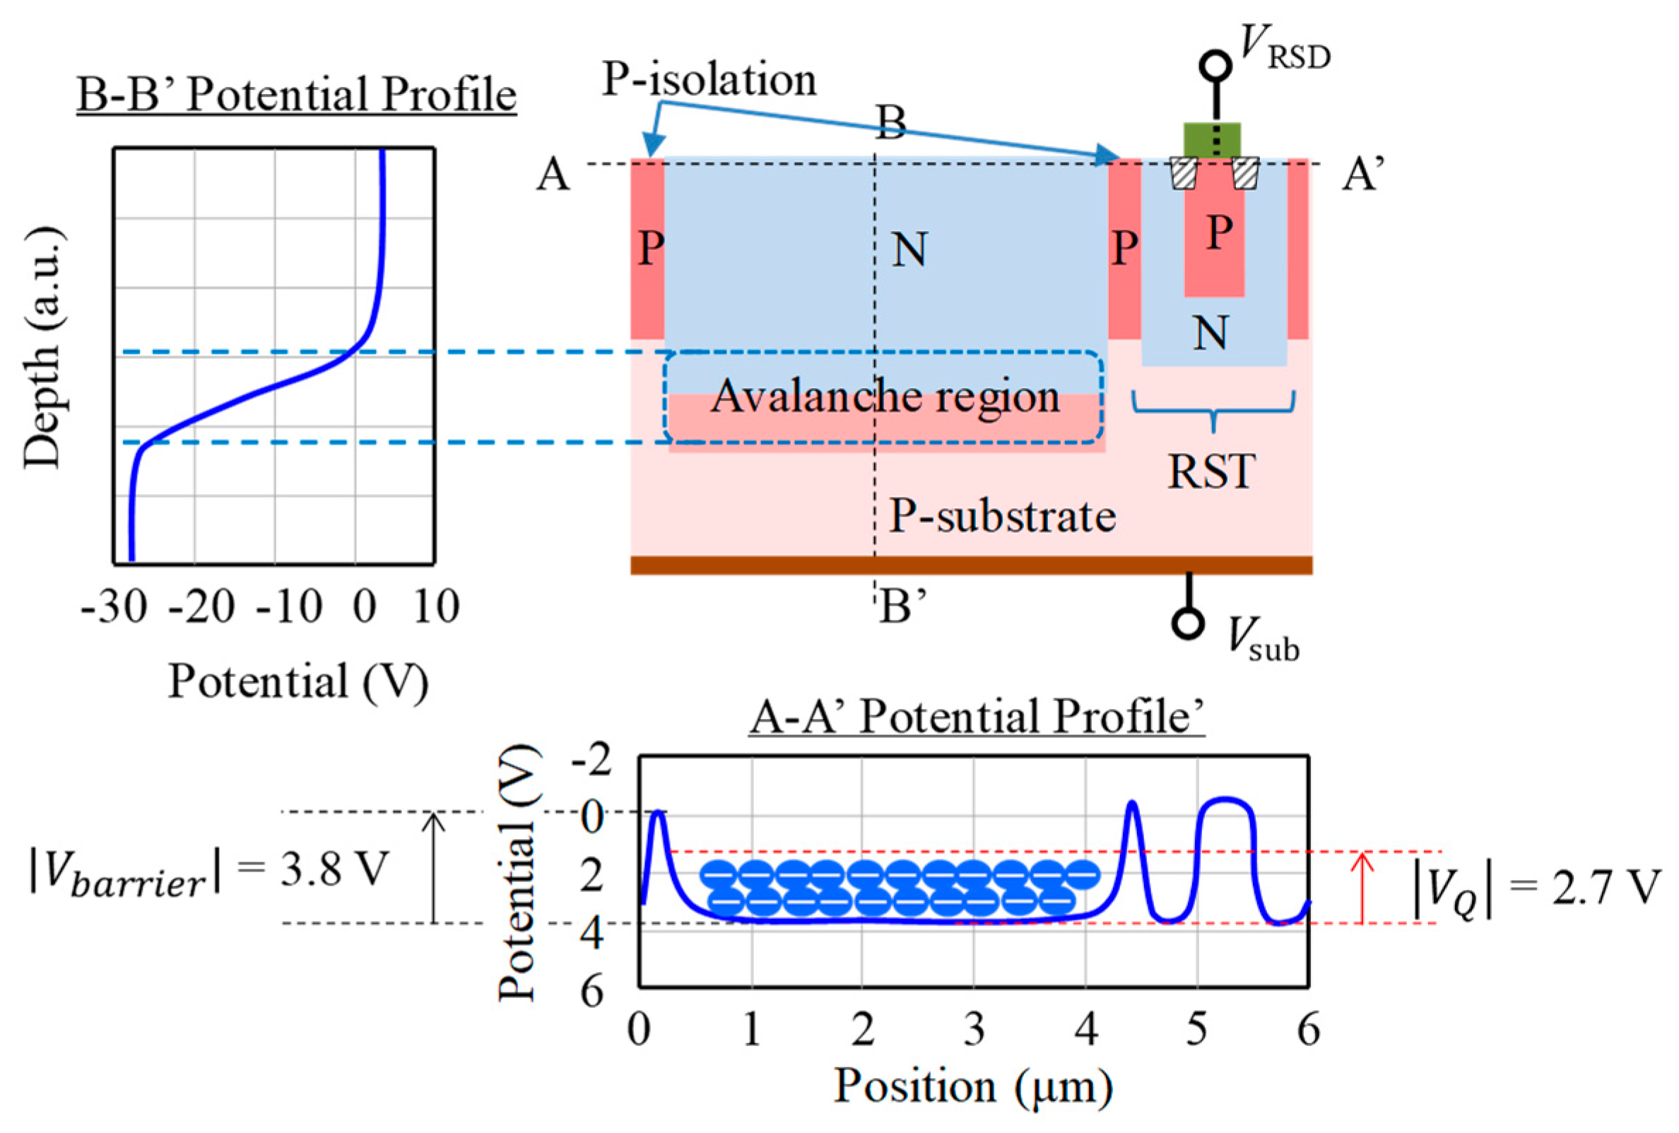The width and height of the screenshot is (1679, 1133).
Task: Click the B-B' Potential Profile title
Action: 296,95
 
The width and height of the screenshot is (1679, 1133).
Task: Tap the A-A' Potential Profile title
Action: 977,717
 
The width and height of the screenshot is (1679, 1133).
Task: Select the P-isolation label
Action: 709,79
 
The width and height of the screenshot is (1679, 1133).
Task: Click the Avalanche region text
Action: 885,397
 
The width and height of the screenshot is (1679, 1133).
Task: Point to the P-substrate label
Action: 1002,517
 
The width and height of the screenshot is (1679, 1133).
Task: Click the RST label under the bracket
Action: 1212,471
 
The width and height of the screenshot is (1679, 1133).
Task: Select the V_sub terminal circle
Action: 1188,623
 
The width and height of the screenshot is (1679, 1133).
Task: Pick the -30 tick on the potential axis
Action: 114,607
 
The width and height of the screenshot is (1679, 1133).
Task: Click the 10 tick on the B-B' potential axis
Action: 435,607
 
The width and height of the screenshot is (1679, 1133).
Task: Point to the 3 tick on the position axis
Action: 974,1029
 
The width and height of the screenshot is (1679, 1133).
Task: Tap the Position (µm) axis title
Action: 973,1086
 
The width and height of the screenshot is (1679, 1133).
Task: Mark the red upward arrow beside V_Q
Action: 1362,888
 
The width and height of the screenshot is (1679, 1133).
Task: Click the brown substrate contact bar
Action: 971,565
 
